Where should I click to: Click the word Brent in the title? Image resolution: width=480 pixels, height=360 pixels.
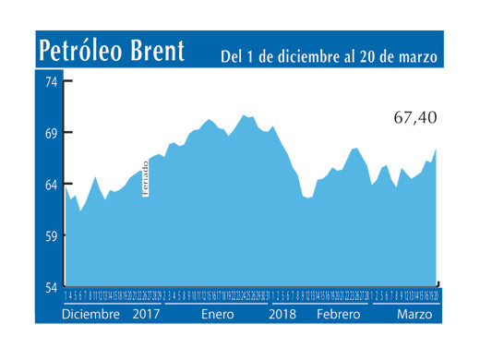[154, 50]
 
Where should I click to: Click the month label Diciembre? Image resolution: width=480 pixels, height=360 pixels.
[90, 314]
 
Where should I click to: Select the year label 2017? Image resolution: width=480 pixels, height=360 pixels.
[148, 314]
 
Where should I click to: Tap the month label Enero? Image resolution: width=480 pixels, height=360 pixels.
[219, 314]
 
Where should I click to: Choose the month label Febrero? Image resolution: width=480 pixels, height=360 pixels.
[338, 314]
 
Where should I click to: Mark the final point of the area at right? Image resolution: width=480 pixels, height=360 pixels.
[436, 149]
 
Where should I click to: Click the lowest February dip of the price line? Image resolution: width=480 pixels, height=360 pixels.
[308, 198]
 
